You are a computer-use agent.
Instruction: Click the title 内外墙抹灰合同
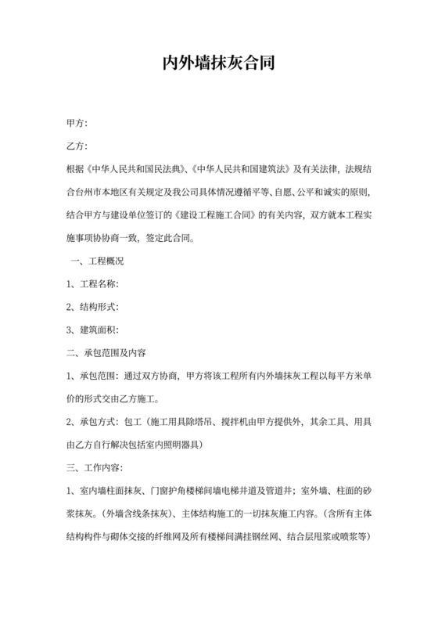218,63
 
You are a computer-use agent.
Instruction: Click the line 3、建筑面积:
93,329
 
